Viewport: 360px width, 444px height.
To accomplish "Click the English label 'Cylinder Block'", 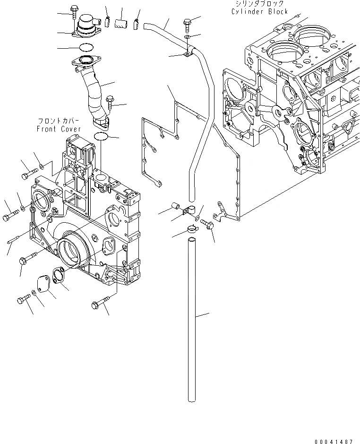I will pyautogui.click(x=259, y=11).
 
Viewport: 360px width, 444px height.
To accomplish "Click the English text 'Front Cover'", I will pyautogui.click(x=59, y=129).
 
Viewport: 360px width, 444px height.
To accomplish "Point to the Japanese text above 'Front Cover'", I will pyautogui.click(x=59, y=122).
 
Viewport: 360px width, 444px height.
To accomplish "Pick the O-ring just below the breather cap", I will pyautogui.click(x=85, y=47).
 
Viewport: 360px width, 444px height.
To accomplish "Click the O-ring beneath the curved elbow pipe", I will pyautogui.click(x=101, y=137).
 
